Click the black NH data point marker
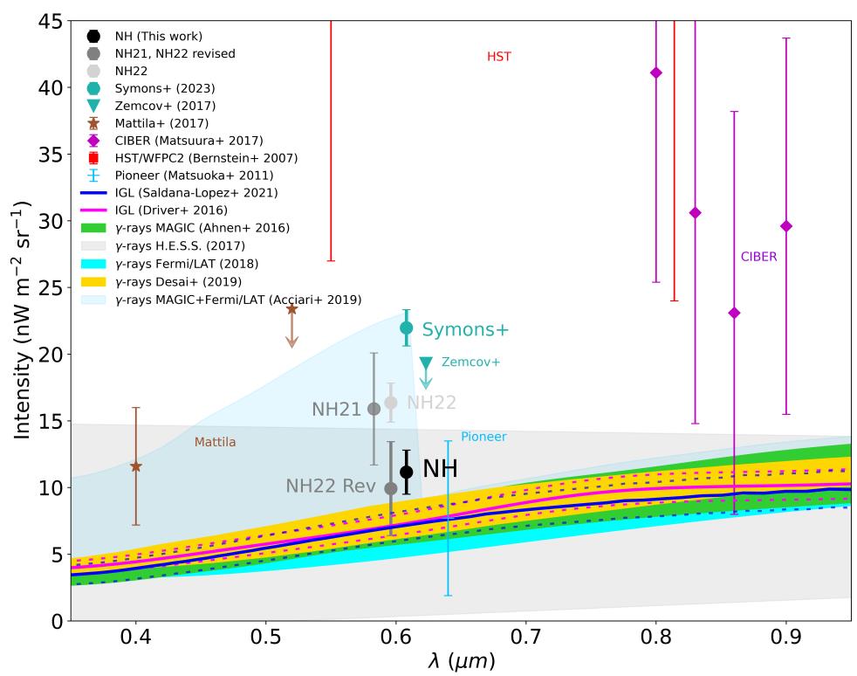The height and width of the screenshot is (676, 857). pos(407,472)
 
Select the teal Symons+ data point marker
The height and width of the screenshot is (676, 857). pos(407,328)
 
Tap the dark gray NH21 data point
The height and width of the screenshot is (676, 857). pos(374,409)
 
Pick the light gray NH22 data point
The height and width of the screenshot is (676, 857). pos(391,403)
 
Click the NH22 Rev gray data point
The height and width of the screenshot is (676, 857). pos(391,488)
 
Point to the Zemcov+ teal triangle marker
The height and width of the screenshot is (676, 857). pos(426,362)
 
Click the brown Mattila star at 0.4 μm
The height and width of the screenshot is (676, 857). pos(136,466)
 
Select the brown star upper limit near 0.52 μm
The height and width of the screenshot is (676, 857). pos(292,309)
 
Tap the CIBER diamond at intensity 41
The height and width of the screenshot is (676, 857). pos(656,72)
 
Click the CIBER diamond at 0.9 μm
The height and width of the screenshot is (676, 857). pos(786,226)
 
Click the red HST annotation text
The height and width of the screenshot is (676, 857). pos(498,57)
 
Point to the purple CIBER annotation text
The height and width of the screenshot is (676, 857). pos(758,257)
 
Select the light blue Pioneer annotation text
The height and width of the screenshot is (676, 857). pos(483,437)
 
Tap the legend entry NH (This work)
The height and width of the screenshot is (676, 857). pos(156,36)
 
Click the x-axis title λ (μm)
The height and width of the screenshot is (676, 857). pos(461,662)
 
